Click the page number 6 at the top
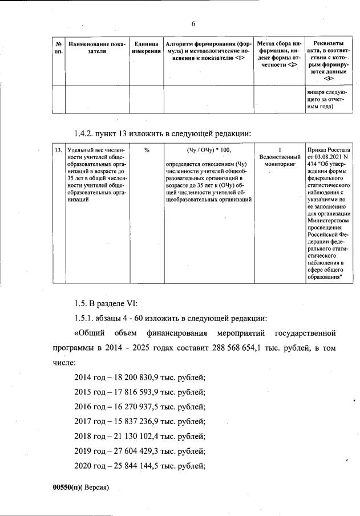pos(193,23)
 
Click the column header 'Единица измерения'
pos(146,47)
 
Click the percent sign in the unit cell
pos(147,149)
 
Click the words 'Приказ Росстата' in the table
pos(328,149)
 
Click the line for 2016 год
pos(140,407)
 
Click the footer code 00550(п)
pos(67,489)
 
